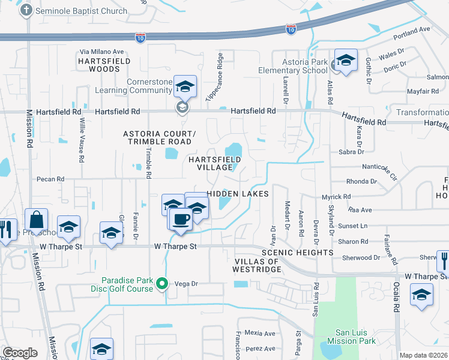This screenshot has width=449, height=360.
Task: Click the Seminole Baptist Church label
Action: pyautogui.click(x=82, y=11)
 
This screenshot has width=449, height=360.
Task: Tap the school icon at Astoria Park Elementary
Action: pyautogui.click(x=346, y=61)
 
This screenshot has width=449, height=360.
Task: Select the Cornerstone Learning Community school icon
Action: pyautogui.click(x=185, y=87)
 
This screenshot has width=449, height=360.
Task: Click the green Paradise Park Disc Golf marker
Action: pyautogui.click(x=160, y=283)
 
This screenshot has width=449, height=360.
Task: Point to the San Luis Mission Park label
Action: pyautogui.click(x=348, y=337)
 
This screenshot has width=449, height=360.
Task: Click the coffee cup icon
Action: pyautogui.click(x=181, y=220)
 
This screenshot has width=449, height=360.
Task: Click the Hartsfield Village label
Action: pyautogui.click(x=215, y=163)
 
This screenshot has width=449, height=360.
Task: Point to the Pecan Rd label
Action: pyautogui.click(x=50, y=179)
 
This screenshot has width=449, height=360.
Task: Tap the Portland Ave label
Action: pyautogui.click(x=415, y=30)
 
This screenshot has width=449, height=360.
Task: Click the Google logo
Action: pyautogui.click(x=20, y=352)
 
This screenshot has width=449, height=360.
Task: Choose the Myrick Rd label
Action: pyautogui.click(x=335, y=196)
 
